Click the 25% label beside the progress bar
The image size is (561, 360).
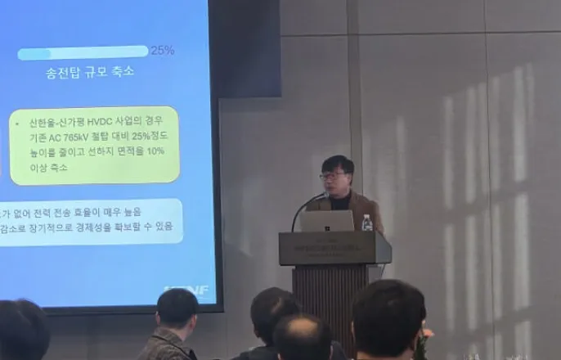[162, 50]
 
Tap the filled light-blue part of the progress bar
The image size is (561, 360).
[34, 54]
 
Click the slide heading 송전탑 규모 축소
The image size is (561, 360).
[91, 72]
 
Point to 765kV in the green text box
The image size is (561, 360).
[84, 137]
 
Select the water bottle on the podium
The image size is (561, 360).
[367, 222]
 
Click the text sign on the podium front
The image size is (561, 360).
[334, 250]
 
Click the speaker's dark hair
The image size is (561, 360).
[337, 163]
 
